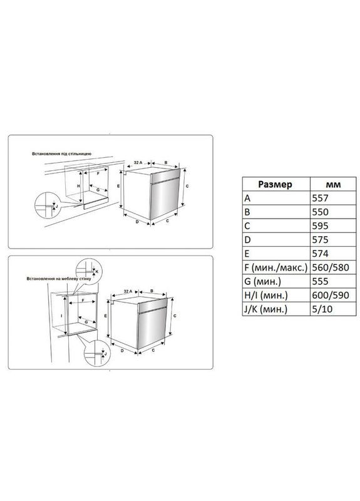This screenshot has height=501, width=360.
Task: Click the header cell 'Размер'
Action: click(274, 184)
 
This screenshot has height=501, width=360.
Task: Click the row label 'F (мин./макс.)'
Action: click(275, 267)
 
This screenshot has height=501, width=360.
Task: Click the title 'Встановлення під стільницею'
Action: click(63, 153)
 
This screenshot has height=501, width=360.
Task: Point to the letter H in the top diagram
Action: click(78, 186)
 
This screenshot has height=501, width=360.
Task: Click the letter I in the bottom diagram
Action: click(61, 316)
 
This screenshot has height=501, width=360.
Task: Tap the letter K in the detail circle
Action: click(96, 271)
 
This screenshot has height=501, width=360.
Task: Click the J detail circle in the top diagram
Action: click(46, 204)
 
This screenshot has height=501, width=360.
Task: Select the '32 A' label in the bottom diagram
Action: click(128, 291)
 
